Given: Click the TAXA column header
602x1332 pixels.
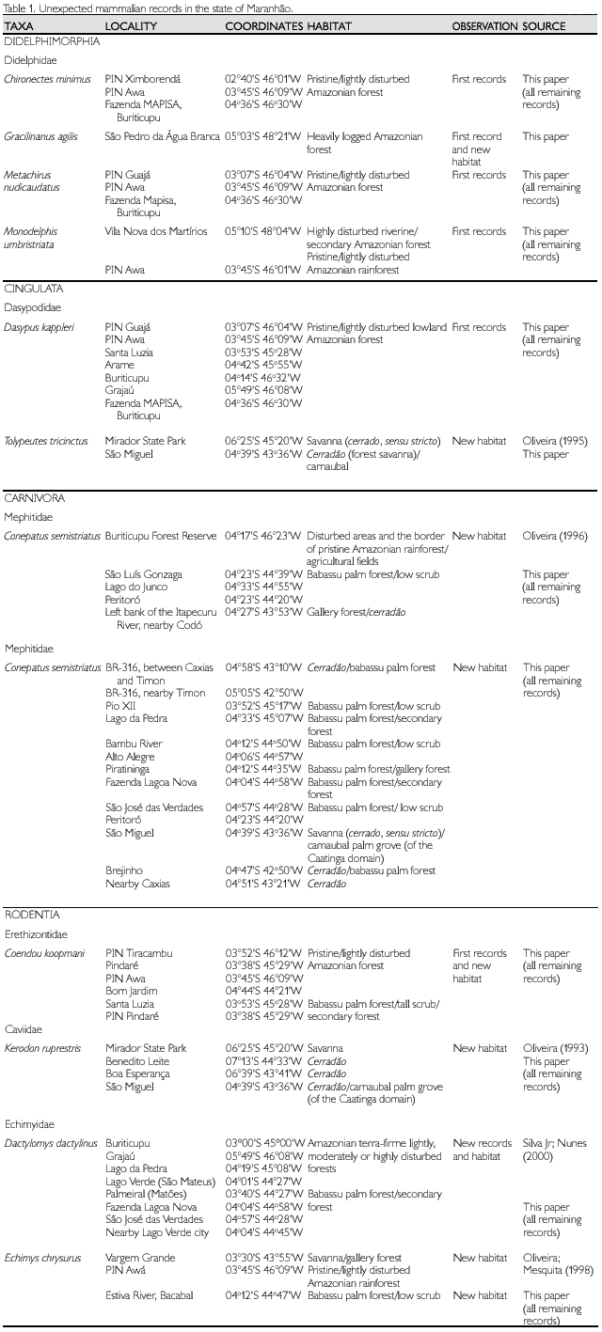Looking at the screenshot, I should (x=18, y=26).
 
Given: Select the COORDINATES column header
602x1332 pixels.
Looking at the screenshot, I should (x=263, y=26).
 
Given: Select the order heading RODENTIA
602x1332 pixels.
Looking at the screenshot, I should (x=32, y=915).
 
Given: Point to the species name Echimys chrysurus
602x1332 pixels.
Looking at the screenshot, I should (x=42, y=1258).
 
